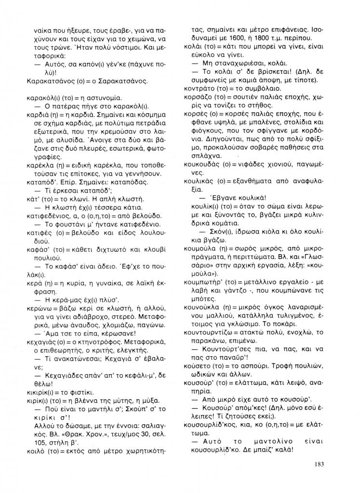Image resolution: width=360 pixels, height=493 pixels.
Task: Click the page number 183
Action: pyautogui.click(x=316, y=464)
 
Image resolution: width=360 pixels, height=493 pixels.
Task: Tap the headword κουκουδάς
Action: pyautogui.click(x=202, y=164)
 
